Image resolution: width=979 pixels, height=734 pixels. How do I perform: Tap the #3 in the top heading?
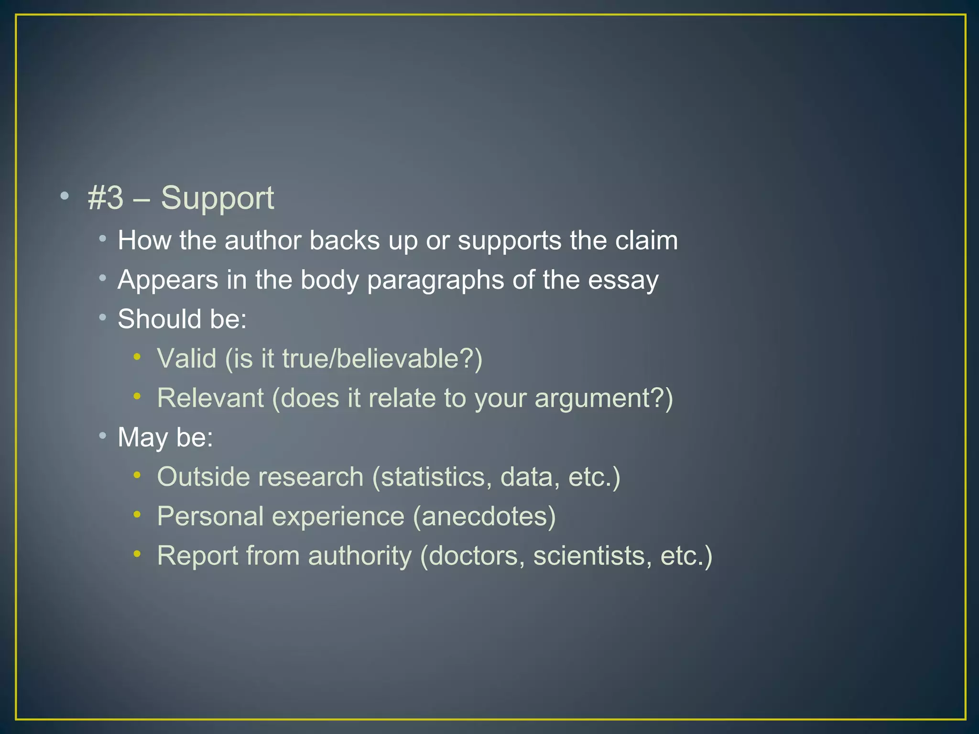pos(106,198)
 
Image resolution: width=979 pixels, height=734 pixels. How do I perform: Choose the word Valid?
pos(186,358)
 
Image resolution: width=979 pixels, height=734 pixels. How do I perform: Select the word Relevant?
pos(210,398)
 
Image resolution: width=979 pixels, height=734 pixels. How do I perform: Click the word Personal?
pos(210,517)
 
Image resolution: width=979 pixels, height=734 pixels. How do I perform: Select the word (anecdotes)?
pos(484,517)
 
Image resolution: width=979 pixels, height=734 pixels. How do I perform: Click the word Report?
pos(197,556)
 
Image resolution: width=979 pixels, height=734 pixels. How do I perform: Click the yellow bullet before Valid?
pos(137,356)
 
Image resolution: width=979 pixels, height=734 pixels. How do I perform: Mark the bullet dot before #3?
pos(65,195)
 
